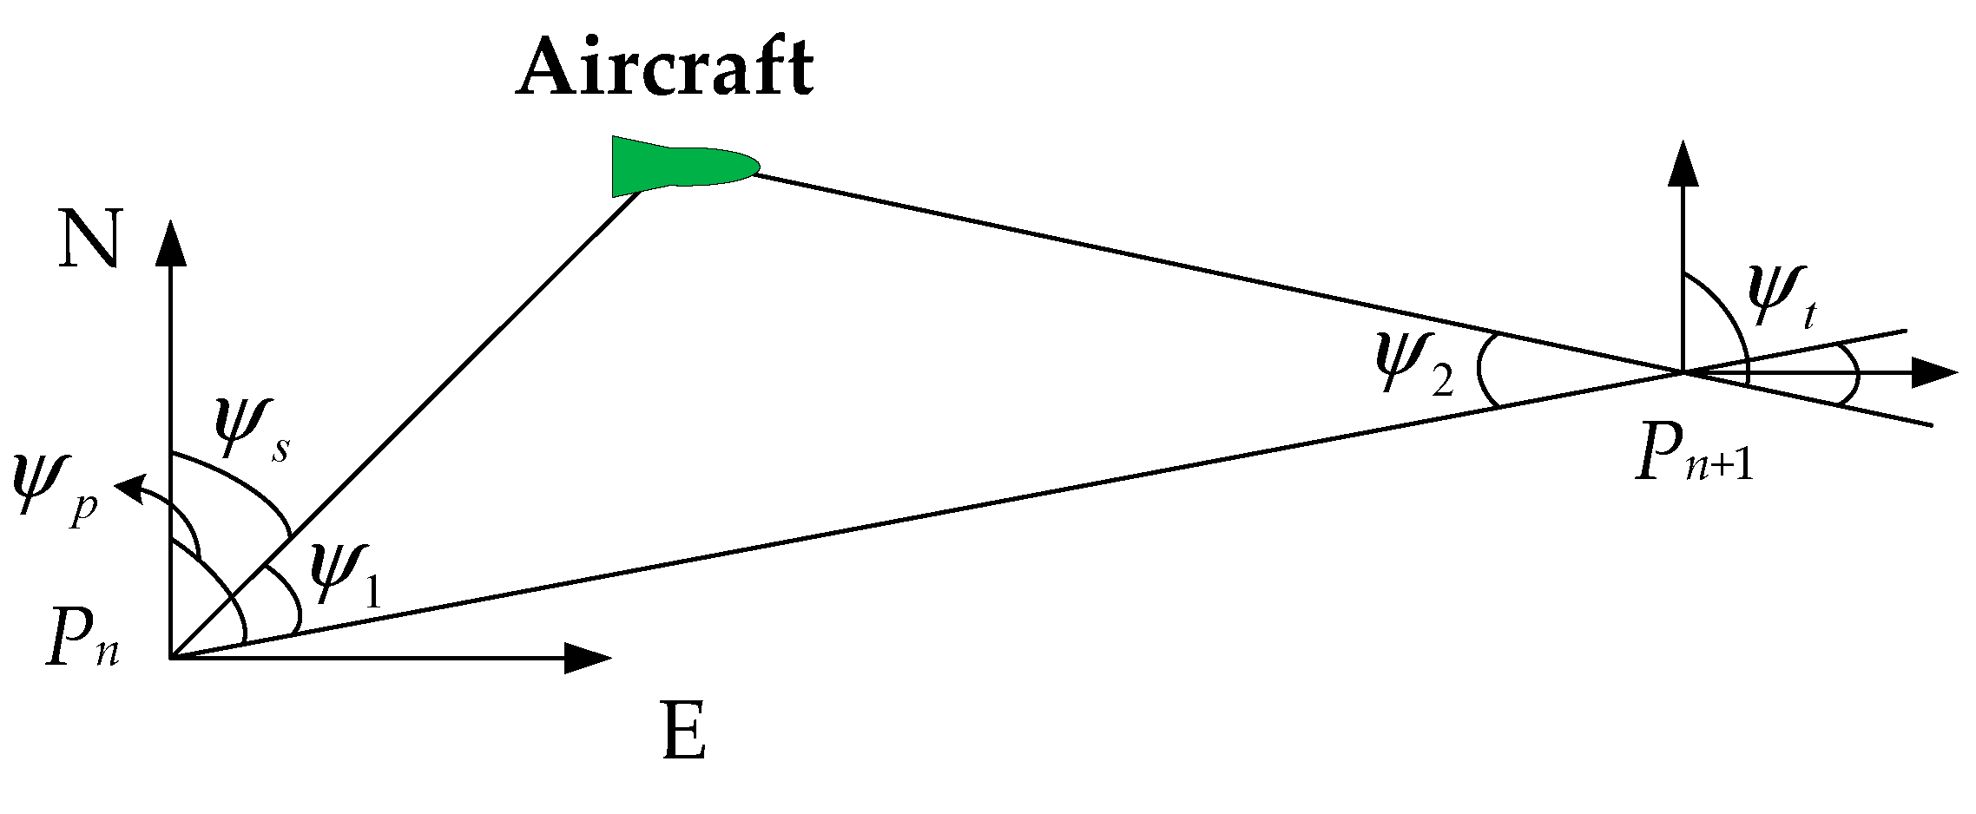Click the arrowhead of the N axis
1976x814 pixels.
tap(170, 243)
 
